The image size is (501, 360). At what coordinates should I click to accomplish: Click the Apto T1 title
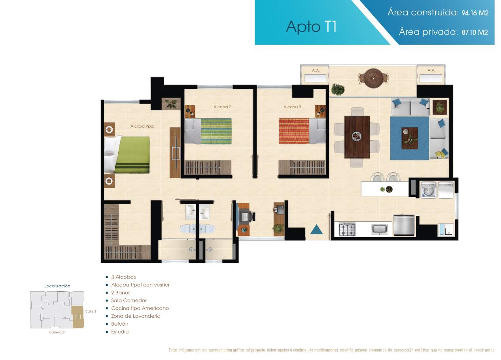click(x=311, y=26)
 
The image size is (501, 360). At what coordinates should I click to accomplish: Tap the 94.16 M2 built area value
click(x=475, y=13)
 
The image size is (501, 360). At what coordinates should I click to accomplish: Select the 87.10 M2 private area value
click(x=475, y=32)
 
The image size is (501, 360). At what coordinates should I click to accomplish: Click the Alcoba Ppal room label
click(x=142, y=126)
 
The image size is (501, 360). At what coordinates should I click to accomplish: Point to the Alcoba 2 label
click(x=222, y=107)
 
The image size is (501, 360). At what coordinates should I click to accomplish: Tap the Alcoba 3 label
click(x=292, y=107)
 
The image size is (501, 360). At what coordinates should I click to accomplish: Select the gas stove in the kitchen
click(x=347, y=229)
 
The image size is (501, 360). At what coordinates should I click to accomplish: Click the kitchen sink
click(x=379, y=230)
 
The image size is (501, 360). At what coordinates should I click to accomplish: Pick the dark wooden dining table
click(x=357, y=137)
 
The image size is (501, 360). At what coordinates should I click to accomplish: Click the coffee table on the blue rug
click(x=410, y=138)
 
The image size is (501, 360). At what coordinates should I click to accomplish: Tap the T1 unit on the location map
click(x=78, y=317)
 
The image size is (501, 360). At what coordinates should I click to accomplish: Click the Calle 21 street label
click(x=91, y=311)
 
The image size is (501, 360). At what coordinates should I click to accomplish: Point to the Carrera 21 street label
click(x=57, y=332)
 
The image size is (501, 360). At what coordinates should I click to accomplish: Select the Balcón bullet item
click(x=120, y=324)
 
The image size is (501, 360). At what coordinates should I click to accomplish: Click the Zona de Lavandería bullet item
click(x=136, y=316)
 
